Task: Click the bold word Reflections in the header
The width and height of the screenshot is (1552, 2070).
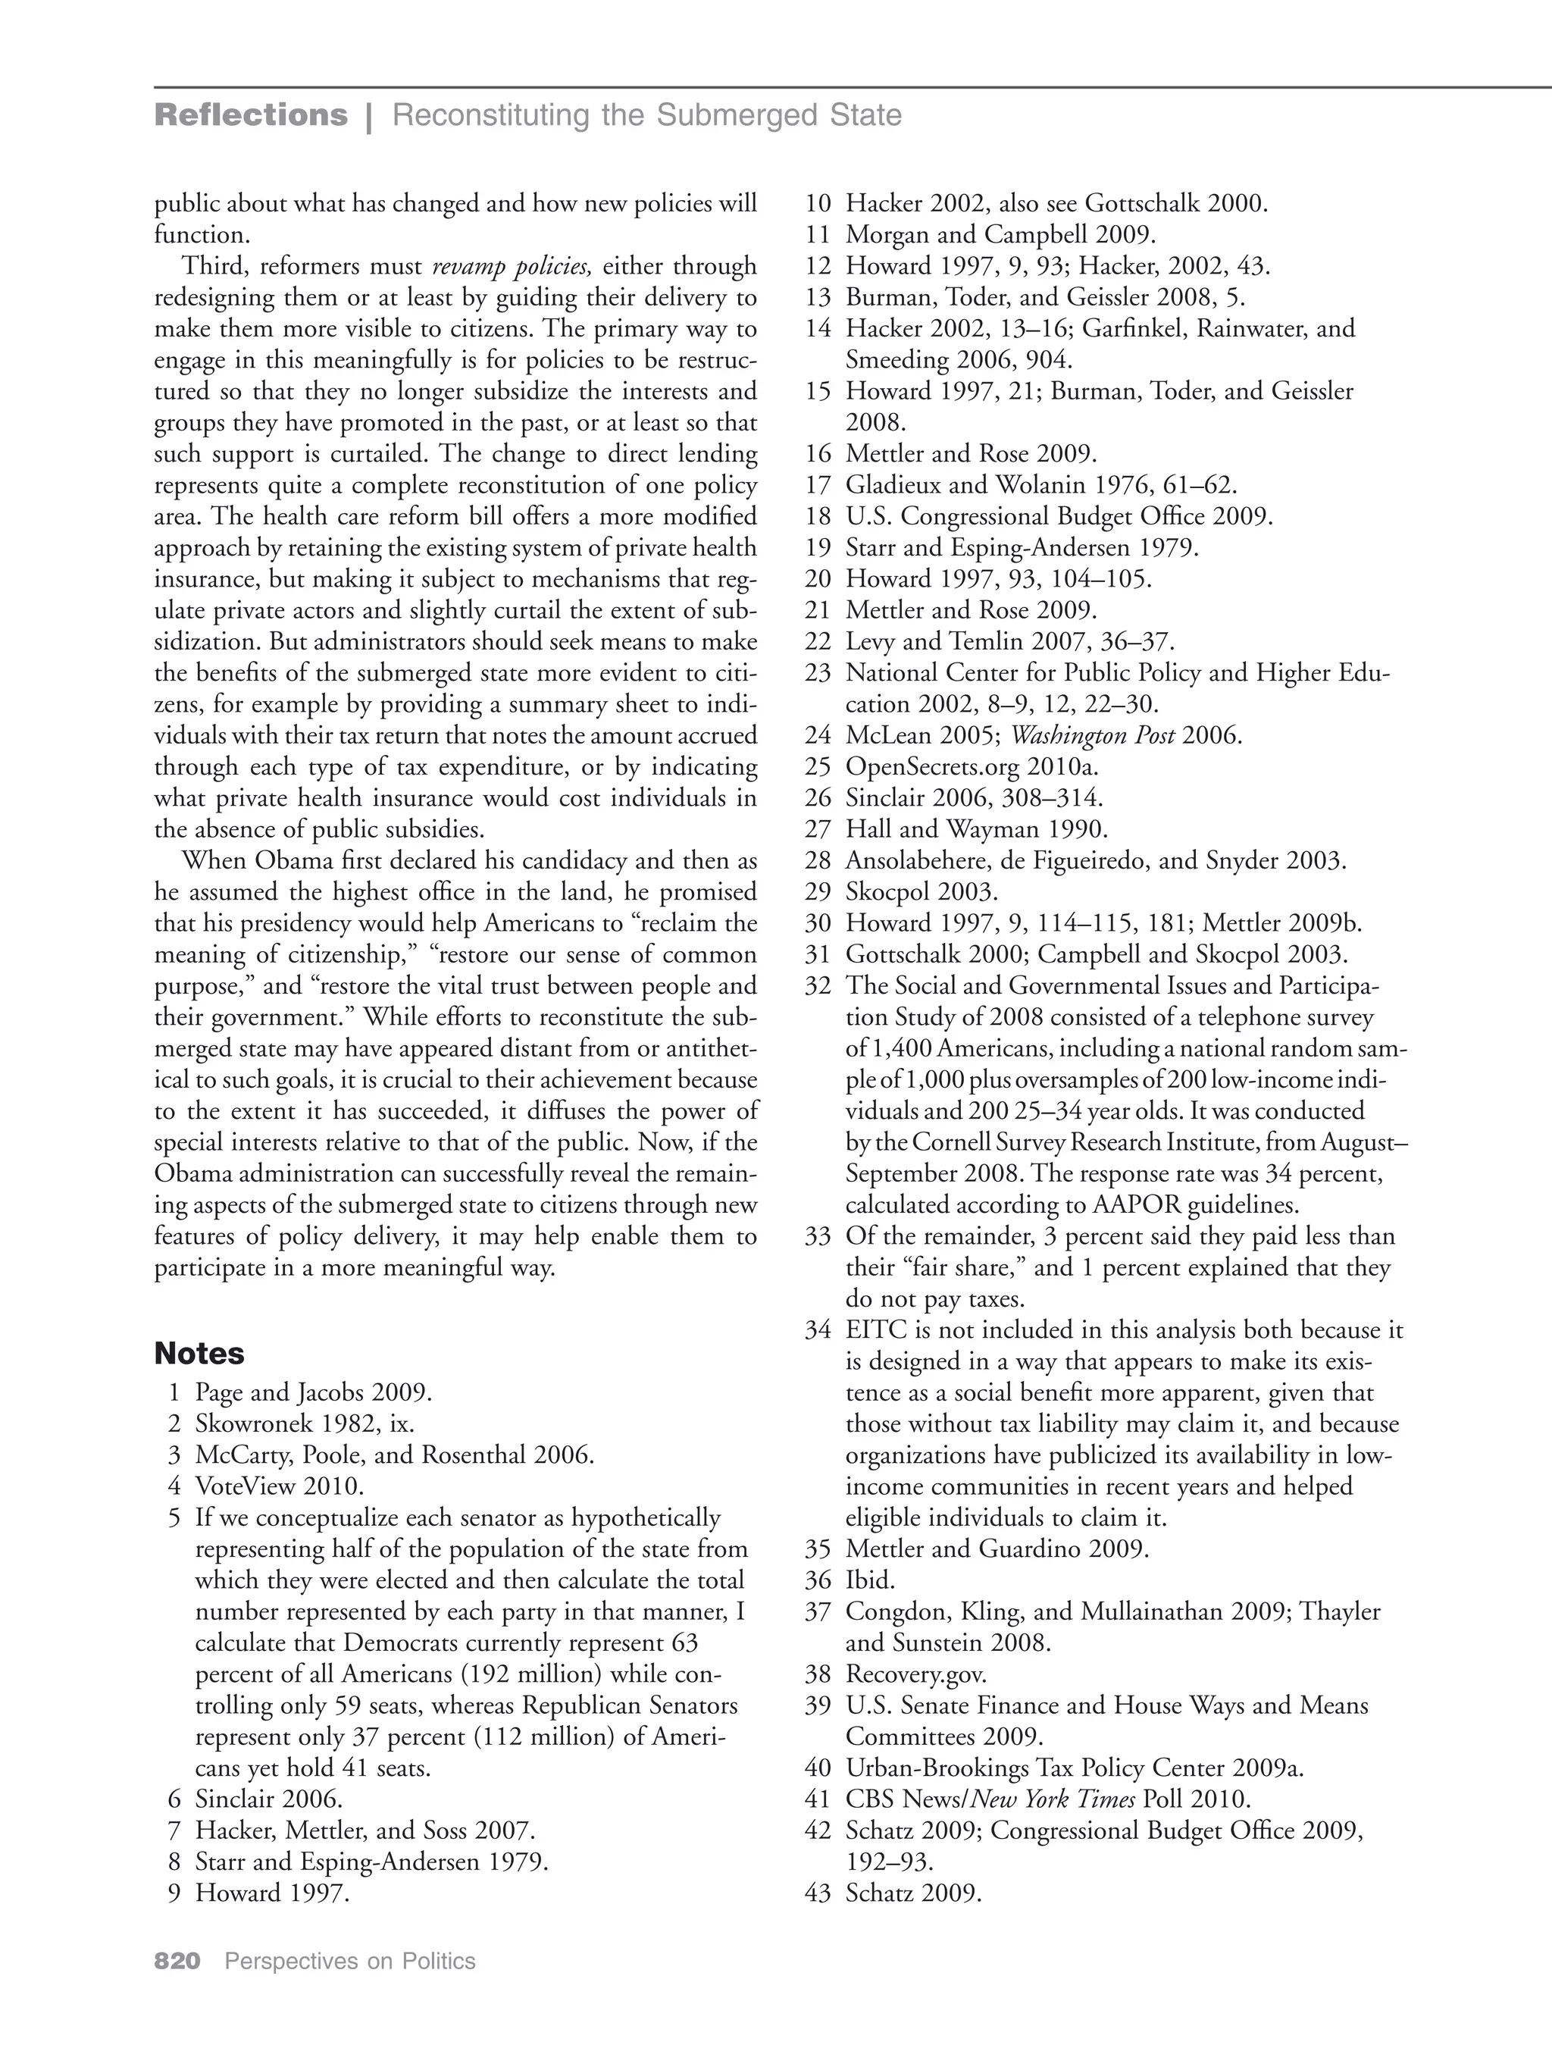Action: coord(251,115)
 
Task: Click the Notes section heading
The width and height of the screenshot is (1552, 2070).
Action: coord(199,1353)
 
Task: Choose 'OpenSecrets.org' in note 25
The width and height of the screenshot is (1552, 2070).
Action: coord(933,767)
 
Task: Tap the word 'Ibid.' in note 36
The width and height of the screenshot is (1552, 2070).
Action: coord(870,1580)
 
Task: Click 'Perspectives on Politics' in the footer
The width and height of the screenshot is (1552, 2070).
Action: coord(350,1961)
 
